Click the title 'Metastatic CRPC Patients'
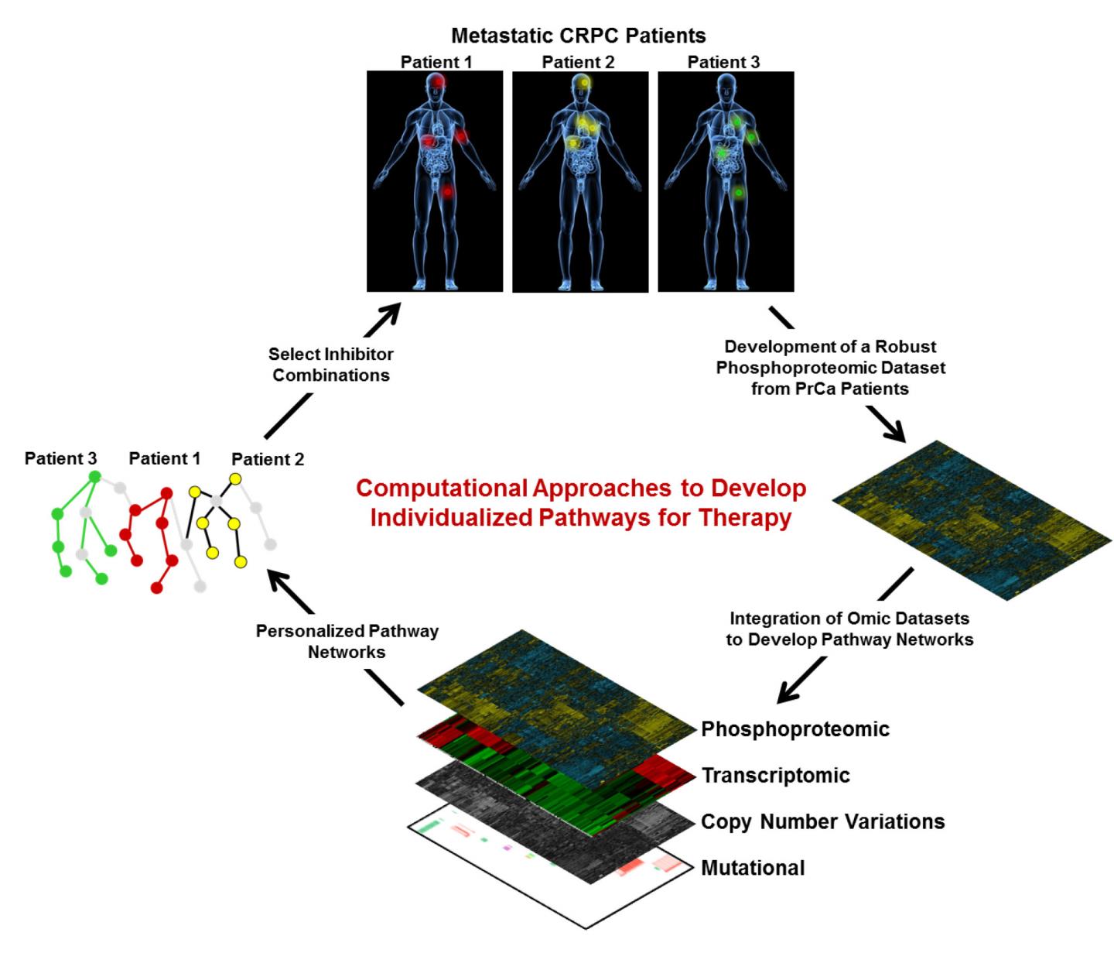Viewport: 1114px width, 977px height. [x=578, y=36]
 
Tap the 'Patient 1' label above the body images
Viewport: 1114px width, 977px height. [x=436, y=62]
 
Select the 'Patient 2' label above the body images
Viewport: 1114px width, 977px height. [x=578, y=62]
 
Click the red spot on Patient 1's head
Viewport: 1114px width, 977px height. [x=438, y=81]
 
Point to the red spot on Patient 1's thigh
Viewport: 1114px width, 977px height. [x=446, y=190]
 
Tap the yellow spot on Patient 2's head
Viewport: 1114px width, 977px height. [x=584, y=81]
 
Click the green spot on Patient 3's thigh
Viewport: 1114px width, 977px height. [x=738, y=191]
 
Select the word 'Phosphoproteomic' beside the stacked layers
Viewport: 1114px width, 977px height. [x=794, y=728]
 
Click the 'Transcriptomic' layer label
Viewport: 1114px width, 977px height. [x=775, y=775]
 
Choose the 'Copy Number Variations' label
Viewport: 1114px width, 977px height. [x=822, y=821]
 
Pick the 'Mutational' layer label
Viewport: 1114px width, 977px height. [x=752, y=868]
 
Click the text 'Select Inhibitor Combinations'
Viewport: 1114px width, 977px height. [x=330, y=365]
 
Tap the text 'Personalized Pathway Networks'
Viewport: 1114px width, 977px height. [x=347, y=641]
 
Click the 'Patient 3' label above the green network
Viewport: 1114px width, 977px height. [x=60, y=458]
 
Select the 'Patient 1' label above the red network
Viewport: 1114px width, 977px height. [x=164, y=458]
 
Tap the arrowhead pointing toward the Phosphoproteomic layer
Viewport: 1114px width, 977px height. [x=788, y=694]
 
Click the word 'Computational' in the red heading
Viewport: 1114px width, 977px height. [x=441, y=488]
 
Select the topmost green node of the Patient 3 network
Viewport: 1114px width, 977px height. [x=94, y=477]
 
